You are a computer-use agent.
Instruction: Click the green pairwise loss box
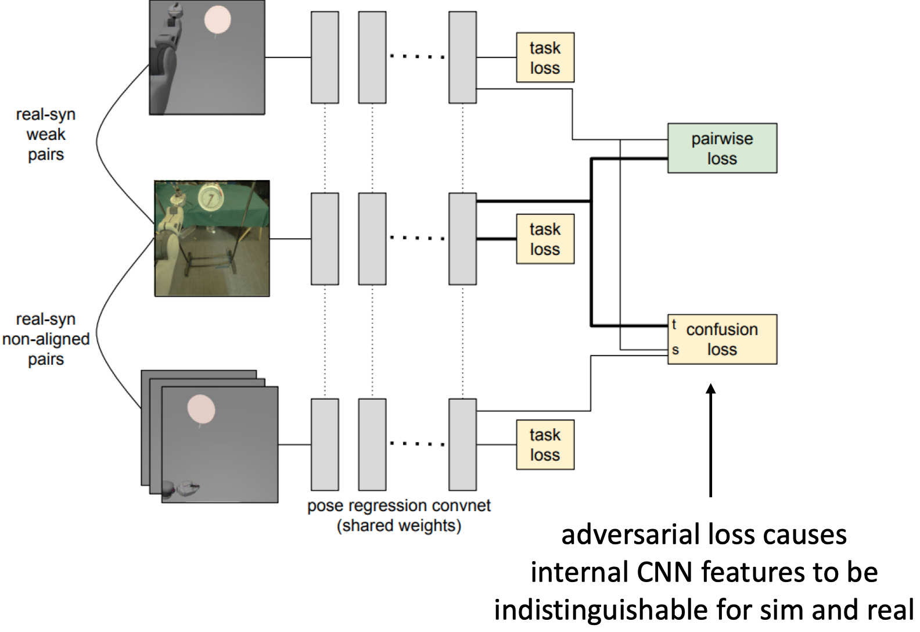click(722, 148)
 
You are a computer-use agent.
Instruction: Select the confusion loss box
click(722, 339)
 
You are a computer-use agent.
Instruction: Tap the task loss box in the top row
click(545, 58)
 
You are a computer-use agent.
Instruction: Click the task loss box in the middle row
click(545, 239)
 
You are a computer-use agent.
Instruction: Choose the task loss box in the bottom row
click(545, 444)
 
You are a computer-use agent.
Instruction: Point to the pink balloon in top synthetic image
click(217, 19)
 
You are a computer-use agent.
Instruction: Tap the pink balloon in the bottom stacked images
click(201, 409)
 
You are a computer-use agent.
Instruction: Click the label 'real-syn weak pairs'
click(46, 134)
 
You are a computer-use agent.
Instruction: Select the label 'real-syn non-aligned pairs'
click(46, 339)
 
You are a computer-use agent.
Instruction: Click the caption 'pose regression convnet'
click(398, 505)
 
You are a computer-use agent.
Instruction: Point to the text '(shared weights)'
click(398, 526)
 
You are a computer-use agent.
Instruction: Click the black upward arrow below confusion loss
click(710, 441)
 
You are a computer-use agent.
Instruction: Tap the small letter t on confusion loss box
click(674, 324)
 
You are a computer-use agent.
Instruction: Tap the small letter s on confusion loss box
click(675, 350)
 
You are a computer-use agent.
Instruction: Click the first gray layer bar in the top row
click(325, 58)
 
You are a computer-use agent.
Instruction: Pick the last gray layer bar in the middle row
click(462, 239)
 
